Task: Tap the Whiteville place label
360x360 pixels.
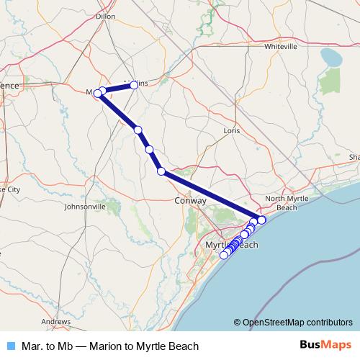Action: [281, 46]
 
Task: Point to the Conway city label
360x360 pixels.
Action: [191, 201]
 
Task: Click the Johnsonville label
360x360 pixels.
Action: [86, 206]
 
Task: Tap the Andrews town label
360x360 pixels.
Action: [55, 321]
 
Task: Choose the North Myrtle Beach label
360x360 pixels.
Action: [282, 203]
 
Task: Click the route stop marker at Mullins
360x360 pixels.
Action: [134, 85]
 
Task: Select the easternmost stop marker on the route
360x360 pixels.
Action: [261, 220]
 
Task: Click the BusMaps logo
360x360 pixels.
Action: [324, 346]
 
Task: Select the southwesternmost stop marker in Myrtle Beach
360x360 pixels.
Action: [224, 254]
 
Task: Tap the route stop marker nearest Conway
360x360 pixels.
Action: [161, 171]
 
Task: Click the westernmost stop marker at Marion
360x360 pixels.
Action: [97, 93]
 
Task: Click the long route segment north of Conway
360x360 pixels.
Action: [207, 195]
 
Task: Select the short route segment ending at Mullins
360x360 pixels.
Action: [118, 88]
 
